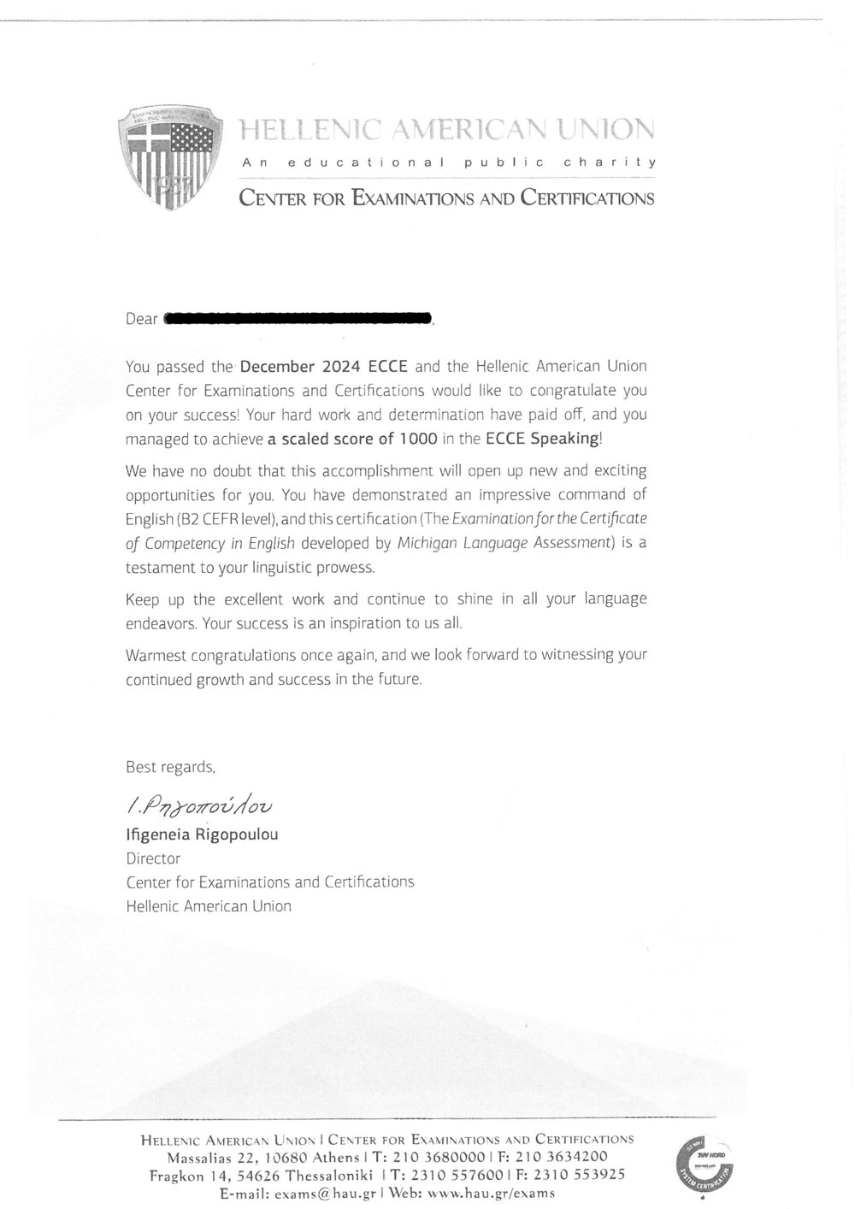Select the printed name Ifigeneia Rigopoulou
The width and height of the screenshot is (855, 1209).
pos(202,834)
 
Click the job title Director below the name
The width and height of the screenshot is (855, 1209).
pos(153,858)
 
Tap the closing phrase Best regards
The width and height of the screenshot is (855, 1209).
pos(170,767)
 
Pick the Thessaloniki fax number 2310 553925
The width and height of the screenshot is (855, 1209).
pos(575,1175)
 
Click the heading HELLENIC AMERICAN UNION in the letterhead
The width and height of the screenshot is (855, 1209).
pos(446,129)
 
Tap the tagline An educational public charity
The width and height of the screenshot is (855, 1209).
pos(449,162)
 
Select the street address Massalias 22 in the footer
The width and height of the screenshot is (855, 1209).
pos(210,1157)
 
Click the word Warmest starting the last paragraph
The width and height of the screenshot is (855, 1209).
pos(156,655)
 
